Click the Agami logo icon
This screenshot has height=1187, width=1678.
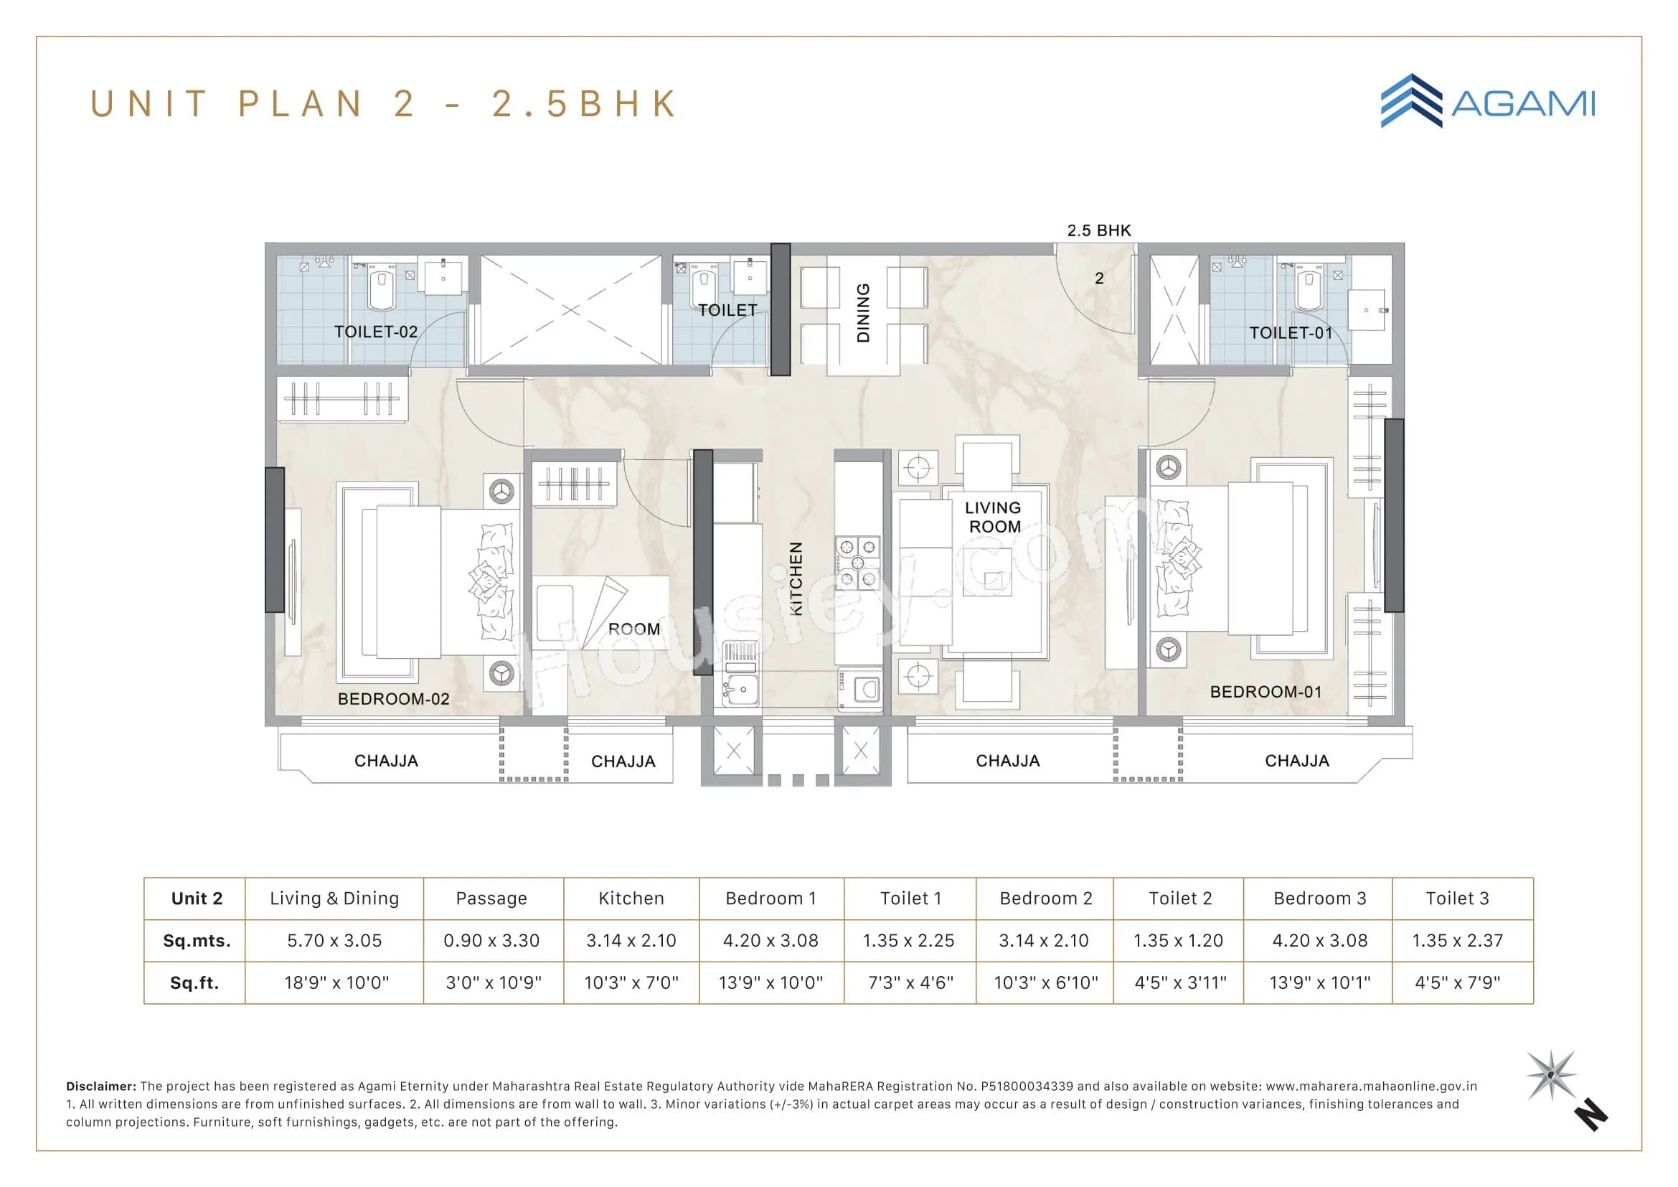[1410, 101]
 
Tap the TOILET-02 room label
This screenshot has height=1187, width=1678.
[376, 332]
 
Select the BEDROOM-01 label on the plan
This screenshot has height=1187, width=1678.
[1265, 691]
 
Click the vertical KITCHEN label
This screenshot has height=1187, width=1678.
[796, 578]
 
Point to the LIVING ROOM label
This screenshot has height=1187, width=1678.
[994, 517]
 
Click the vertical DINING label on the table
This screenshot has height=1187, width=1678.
[863, 313]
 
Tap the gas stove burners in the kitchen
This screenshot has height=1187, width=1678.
[858, 563]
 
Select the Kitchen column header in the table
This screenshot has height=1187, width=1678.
[631, 899]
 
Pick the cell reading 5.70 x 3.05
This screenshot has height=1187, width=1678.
[334, 941]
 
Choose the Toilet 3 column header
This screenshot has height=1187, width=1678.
[1456, 899]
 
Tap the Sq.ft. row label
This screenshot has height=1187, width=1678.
[194, 982]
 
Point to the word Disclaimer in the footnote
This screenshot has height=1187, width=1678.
[101, 1087]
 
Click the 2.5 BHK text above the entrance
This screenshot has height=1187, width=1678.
[1098, 230]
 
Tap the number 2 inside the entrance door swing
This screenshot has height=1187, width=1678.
[1099, 278]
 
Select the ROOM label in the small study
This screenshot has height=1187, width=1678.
[633, 629]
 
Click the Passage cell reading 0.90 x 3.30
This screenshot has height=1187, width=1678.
[491, 941]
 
